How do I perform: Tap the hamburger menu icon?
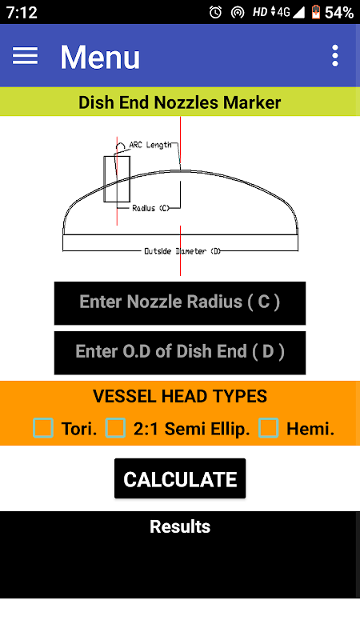tap(25, 55)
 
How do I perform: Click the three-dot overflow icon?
tap(335, 55)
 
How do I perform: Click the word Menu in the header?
tap(100, 57)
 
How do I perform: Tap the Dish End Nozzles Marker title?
tap(179, 102)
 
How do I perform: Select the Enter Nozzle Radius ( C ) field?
tap(180, 303)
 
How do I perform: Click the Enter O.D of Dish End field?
tap(180, 352)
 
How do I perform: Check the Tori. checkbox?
tap(43, 428)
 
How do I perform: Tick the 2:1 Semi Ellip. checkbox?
tap(115, 428)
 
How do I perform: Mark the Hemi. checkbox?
tap(269, 428)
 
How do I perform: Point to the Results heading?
tap(180, 526)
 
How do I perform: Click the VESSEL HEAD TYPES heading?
tap(180, 396)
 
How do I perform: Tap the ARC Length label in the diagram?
tap(150, 145)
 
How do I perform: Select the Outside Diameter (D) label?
tap(182, 251)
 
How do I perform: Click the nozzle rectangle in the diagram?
tap(117, 178)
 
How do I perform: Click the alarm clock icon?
tap(215, 13)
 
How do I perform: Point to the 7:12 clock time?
tap(22, 13)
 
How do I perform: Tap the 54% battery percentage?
tap(339, 13)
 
